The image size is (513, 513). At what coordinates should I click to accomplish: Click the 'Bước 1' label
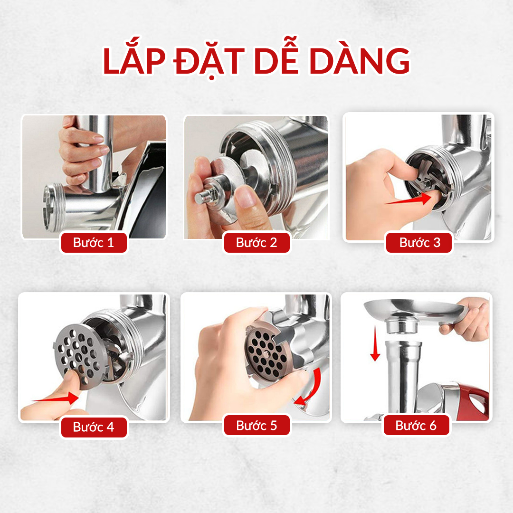94,242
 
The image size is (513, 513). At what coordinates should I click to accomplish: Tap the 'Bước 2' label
256,242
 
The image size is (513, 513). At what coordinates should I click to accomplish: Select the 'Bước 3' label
419,242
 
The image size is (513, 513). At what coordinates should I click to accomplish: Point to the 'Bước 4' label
94,427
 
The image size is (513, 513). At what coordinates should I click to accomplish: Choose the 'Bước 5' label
256,425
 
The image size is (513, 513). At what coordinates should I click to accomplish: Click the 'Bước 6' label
416,425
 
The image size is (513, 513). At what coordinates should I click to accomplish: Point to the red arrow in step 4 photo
56,399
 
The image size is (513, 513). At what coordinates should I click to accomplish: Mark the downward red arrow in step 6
375,344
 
